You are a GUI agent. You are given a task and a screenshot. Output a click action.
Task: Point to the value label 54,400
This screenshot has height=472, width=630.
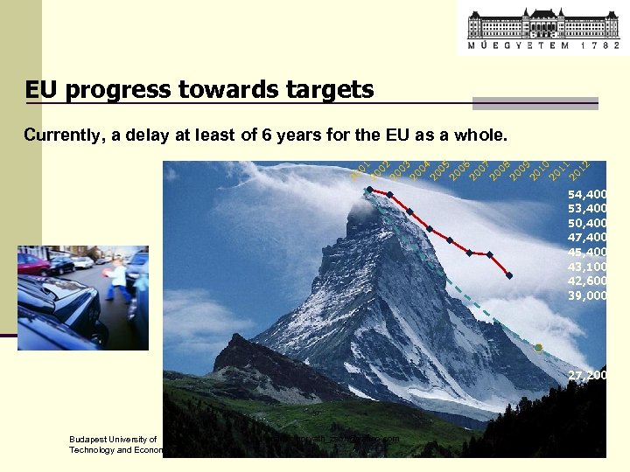coord(587,194)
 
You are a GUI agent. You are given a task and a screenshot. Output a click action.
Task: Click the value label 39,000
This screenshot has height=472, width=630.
coord(587,295)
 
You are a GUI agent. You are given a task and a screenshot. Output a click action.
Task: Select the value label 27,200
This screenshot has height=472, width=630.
coord(587,375)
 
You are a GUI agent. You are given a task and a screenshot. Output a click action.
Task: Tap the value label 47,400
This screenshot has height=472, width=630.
coord(587,237)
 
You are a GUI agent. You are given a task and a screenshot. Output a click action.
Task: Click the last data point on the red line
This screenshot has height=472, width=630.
coord(509,276)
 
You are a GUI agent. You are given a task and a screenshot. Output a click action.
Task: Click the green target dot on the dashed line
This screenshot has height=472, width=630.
coord(538,348)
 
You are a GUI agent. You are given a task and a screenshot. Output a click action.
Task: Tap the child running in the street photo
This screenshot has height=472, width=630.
coord(117,281)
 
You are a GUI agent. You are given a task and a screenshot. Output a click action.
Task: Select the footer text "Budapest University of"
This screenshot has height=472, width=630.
coord(113,440)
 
